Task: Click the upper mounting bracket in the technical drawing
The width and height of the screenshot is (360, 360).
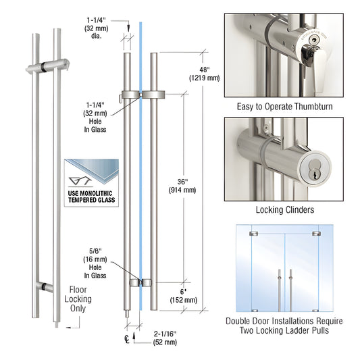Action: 140,94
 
